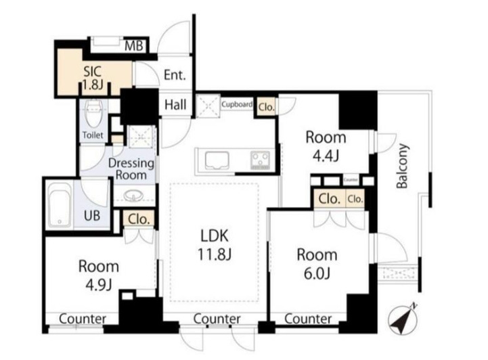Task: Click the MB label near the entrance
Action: pyautogui.click(x=134, y=46)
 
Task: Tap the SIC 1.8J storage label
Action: pyautogui.click(x=93, y=78)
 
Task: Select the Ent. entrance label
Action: pyautogui.click(x=175, y=75)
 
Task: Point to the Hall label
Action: pyautogui.click(x=175, y=105)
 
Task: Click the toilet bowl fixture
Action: pyautogui.click(x=93, y=114)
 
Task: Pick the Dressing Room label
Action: pyautogui.click(x=131, y=169)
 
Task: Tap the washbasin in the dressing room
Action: pyautogui.click(x=134, y=196)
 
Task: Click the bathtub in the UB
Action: pyautogui.click(x=60, y=204)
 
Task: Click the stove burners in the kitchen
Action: pyautogui.click(x=261, y=160)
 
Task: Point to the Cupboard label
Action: pyautogui.click(x=237, y=104)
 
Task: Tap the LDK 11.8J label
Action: pyautogui.click(x=215, y=245)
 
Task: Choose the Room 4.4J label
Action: pyautogui.click(x=326, y=147)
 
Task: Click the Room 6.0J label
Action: pyautogui.click(x=317, y=264)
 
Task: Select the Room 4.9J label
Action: pyautogui.click(x=99, y=275)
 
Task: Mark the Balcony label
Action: pyautogui.click(x=402, y=166)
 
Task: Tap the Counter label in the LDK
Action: pyautogui.click(x=217, y=319)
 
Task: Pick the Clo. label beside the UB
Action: pyautogui.click(x=139, y=219)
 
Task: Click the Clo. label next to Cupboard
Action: pyautogui.click(x=267, y=108)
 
